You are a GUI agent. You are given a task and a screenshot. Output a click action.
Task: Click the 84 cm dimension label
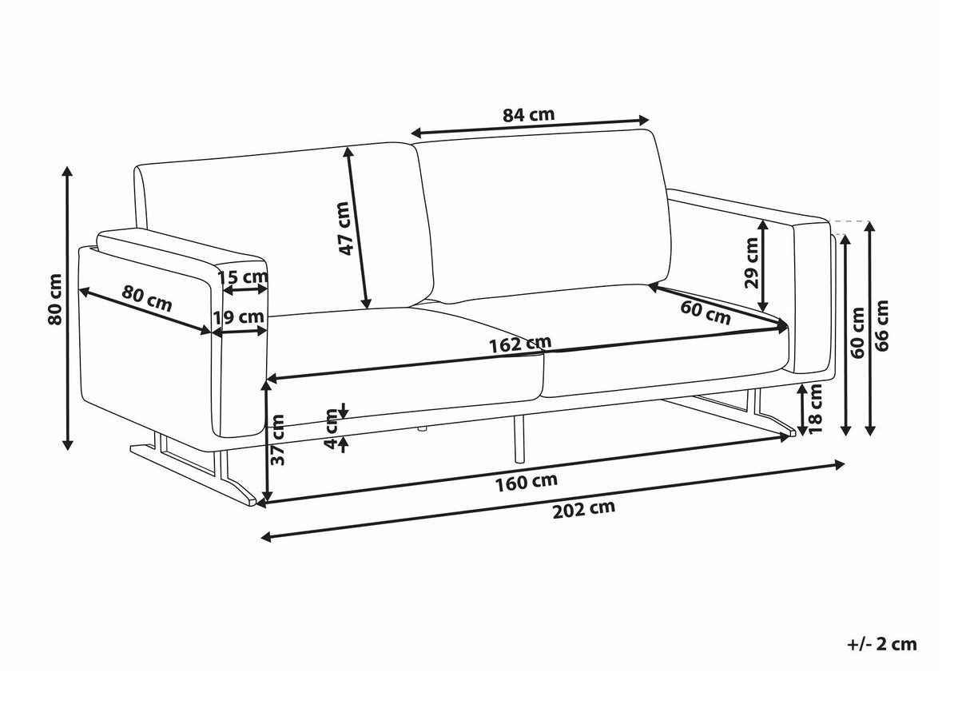(528, 115)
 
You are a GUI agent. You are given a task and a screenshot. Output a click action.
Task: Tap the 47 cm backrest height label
(344, 228)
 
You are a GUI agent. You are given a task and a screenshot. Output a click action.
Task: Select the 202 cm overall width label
(583, 510)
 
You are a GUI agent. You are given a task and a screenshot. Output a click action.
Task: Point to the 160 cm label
(527, 482)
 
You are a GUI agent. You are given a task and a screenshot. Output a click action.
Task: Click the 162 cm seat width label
(521, 344)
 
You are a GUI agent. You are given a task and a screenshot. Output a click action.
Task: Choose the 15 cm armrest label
(243, 277)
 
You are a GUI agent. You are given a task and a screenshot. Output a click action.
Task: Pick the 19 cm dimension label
(239, 317)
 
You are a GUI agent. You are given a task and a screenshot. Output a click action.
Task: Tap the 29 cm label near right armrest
(751, 263)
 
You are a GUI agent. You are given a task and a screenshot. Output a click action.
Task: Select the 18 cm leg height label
(815, 408)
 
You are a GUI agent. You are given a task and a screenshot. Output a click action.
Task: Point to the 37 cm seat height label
(278, 440)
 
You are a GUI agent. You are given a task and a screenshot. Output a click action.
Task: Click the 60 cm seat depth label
(706, 312)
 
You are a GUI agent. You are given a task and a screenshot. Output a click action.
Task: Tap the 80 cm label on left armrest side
(147, 298)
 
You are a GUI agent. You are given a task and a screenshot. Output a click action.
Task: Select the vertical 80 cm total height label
(55, 299)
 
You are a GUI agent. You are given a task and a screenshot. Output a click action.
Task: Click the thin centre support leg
(519, 439)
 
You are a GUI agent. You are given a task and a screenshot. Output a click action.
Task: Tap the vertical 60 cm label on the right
(858, 332)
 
